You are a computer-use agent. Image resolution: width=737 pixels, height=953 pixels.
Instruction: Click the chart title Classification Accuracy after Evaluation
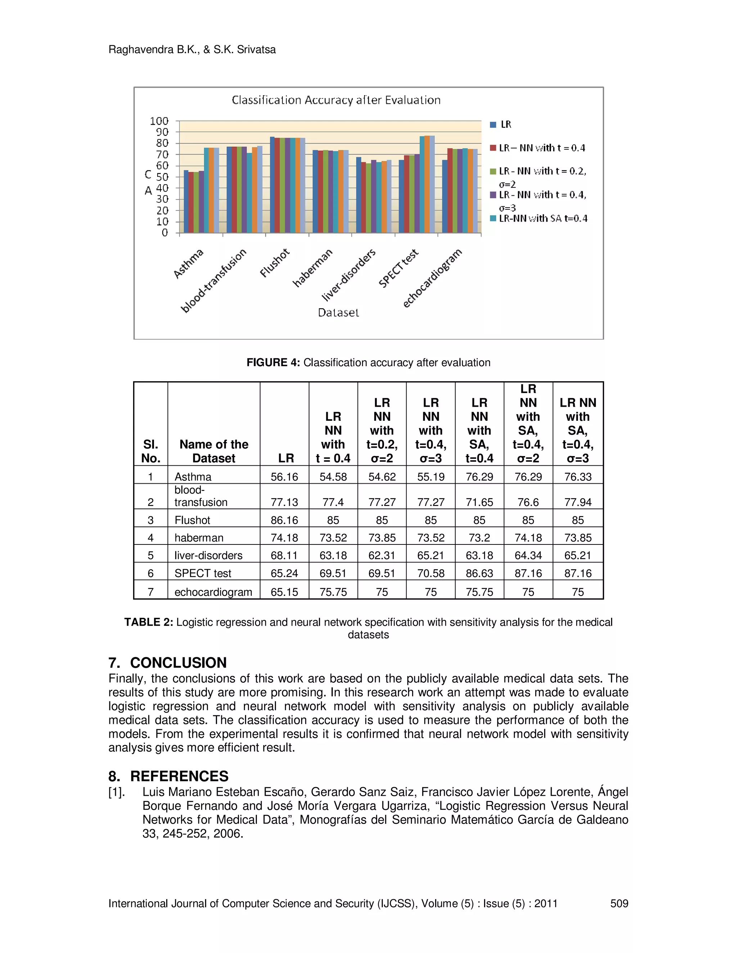click(336, 100)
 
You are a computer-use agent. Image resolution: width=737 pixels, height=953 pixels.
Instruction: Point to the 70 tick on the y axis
click(162, 155)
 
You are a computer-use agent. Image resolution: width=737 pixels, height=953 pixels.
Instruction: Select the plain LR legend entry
click(506, 124)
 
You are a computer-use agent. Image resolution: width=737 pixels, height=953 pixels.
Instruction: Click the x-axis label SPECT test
click(398, 268)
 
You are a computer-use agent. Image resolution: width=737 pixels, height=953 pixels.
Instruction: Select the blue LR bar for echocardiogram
click(444, 196)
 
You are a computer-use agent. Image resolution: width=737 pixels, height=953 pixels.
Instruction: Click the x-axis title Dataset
click(338, 313)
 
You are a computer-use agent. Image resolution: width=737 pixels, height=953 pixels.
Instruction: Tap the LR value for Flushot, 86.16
click(284, 520)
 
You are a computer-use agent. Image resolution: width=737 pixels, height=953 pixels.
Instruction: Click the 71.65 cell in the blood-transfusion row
click(479, 502)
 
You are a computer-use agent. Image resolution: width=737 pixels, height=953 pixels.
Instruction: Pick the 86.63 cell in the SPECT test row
click(479, 573)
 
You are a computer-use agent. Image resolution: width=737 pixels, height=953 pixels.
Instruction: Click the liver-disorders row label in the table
click(208, 556)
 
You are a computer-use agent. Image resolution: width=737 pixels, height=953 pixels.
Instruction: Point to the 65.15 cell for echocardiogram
click(284, 592)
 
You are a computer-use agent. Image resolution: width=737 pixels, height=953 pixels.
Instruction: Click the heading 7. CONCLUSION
click(168, 663)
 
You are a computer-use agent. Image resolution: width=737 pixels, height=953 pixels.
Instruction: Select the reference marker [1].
click(117, 792)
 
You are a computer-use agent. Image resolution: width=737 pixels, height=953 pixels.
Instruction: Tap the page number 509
click(619, 904)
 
